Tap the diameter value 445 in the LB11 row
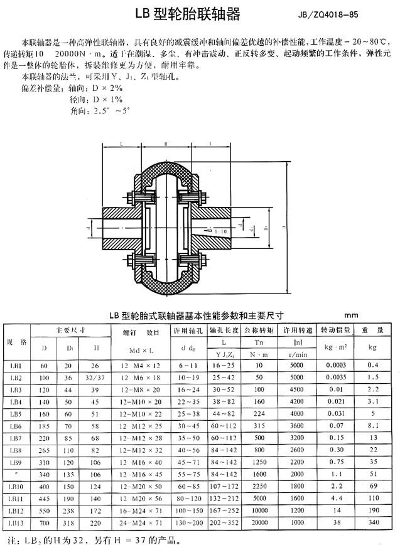pos(44,498)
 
